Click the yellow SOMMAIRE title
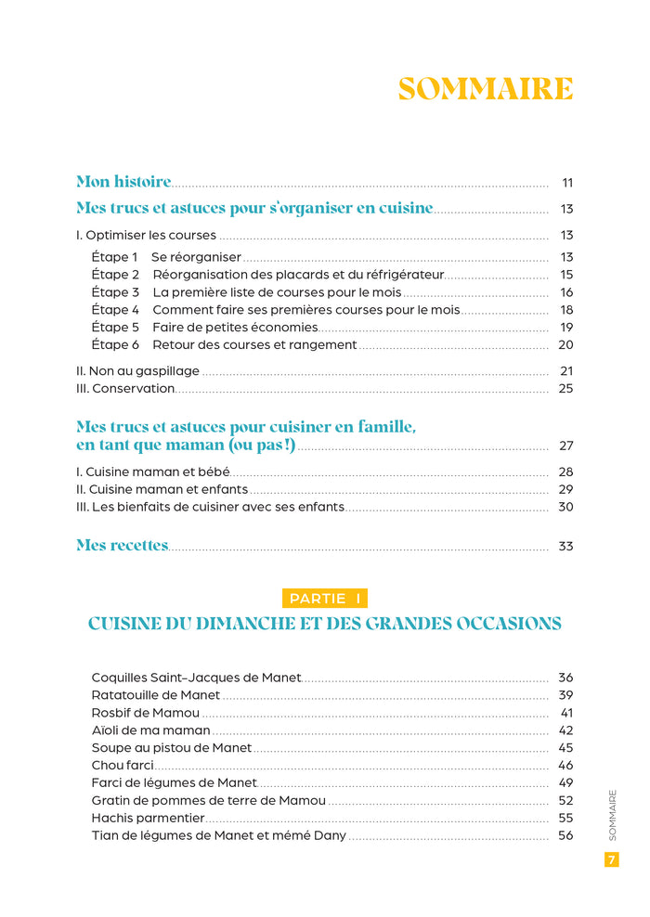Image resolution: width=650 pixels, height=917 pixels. [485, 89]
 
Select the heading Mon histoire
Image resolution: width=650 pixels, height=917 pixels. [123, 182]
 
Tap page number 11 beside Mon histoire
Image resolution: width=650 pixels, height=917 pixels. [567, 182]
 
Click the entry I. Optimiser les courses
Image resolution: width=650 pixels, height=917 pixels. [146, 235]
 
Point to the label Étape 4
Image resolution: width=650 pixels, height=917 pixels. [115, 310]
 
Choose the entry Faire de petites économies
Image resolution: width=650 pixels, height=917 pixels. [235, 328]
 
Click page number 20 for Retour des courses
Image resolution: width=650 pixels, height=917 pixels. [566, 345]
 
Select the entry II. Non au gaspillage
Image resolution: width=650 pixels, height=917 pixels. [137, 371]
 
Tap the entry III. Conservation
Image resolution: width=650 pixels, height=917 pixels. [125, 389]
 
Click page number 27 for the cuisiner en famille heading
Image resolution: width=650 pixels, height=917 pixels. [566, 446]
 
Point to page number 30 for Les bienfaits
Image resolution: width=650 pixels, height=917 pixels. [566, 507]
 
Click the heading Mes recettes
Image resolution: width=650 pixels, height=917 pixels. [122, 546]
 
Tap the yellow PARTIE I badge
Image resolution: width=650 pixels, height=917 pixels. [324, 599]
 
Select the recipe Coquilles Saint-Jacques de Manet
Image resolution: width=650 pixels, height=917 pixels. [197, 678]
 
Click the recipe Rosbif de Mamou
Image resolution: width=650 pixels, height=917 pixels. [146, 713]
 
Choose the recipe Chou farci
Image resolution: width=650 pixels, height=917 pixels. [123, 766]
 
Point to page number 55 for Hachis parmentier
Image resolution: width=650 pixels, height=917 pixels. [566, 819]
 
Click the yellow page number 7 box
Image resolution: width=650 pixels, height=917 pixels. [612, 859]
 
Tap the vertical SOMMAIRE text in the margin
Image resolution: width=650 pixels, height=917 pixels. [612, 815]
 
